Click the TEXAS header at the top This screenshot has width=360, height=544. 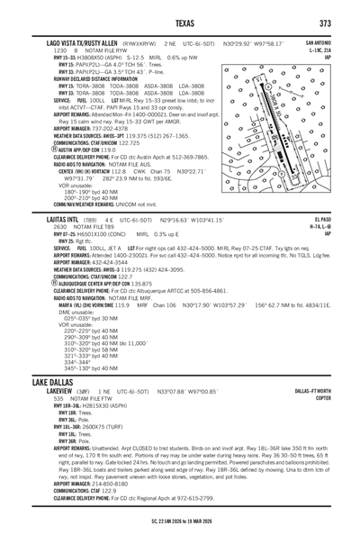click(x=179, y=23)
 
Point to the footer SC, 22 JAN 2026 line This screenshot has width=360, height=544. click(x=179, y=521)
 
